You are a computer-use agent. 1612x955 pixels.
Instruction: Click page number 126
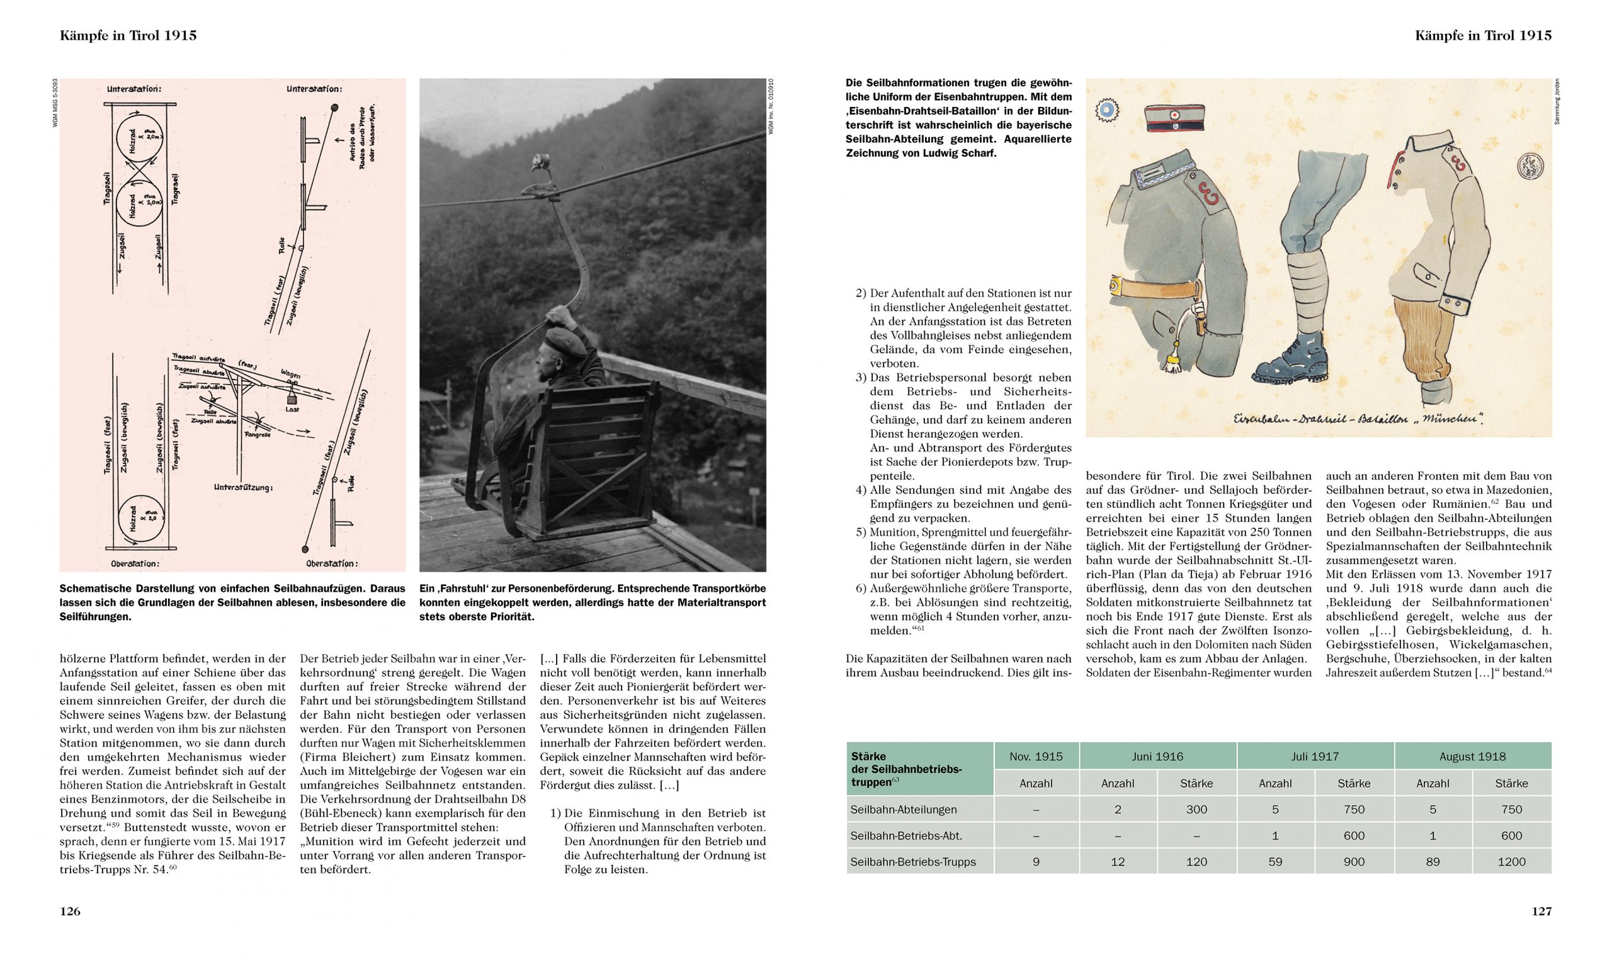click(69, 911)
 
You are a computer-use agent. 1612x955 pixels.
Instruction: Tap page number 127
click(1541, 911)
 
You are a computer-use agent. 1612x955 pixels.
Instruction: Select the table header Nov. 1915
click(1036, 756)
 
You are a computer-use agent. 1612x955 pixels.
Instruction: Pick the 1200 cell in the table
click(1511, 862)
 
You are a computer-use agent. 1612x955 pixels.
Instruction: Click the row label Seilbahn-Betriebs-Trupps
click(912, 862)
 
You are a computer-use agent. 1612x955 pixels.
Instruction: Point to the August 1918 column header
click(1472, 756)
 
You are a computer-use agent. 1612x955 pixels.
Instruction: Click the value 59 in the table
click(1274, 862)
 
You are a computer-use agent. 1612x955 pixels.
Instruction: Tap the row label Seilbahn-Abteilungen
click(904, 810)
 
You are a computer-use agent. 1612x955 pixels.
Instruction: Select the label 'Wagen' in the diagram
click(290, 375)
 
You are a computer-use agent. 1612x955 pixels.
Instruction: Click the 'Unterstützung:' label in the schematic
click(242, 487)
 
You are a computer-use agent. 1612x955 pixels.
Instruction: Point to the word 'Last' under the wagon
click(293, 409)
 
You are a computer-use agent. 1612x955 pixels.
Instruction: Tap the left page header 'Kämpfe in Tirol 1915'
click(128, 36)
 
